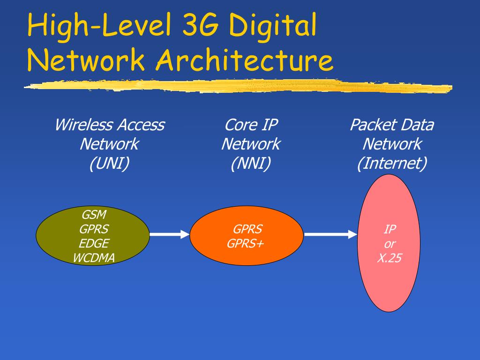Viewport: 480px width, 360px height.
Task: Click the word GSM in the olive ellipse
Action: pos(94,215)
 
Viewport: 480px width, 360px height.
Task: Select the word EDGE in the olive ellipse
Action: pos(94,243)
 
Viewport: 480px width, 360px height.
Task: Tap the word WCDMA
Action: pos(94,258)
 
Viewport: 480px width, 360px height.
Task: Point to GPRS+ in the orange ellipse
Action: pos(245,243)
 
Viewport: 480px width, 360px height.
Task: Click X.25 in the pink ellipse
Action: pos(389,258)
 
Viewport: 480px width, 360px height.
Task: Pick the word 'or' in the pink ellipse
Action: pos(390,244)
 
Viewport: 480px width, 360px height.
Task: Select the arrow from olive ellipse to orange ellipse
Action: pos(170,234)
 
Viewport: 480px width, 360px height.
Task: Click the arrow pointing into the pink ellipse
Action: pos(330,234)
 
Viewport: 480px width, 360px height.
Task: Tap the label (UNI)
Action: pos(109,163)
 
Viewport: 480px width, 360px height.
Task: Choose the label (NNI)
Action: pos(251,163)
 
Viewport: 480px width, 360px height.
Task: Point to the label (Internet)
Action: pos(392,163)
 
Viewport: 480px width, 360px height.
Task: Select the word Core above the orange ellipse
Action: pos(237,125)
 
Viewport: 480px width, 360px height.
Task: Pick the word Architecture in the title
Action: pos(244,60)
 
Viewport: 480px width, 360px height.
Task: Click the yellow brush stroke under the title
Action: pos(238,86)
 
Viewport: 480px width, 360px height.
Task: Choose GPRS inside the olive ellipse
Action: pos(94,229)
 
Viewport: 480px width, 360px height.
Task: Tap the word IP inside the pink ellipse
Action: pos(390,229)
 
